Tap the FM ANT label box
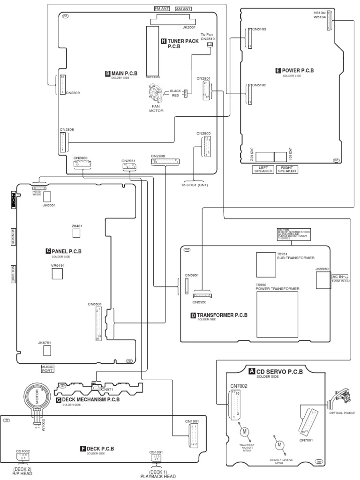tap(162, 9)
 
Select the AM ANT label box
tap(183, 9)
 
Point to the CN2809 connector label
tap(73, 93)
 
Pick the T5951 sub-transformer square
tap(266, 264)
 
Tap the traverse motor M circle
tap(244, 431)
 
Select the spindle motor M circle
tap(280, 444)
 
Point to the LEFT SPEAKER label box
tap(263, 169)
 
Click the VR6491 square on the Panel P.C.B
tap(57, 273)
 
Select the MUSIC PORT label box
tap(48, 368)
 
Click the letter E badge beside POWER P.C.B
tap(278, 71)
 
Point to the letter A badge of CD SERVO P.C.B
tap(252, 371)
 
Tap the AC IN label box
tap(341, 277)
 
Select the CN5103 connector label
tap(259, 29)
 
